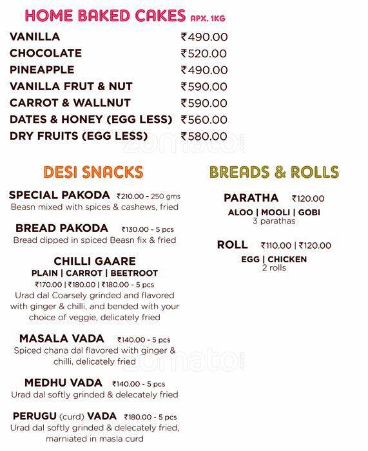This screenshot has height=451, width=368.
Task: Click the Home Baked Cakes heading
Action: coord(104,15)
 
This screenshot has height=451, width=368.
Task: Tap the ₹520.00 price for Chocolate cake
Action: coord(204,54)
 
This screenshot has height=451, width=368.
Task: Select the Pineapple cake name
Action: coord(42,70)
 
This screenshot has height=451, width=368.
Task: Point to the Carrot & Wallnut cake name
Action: coord(70,103)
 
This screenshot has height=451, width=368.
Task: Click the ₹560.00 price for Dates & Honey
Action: coord(204,120)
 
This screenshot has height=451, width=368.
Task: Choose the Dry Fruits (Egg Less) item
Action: coord(79,136)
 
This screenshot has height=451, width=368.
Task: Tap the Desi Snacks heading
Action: coord(93,172)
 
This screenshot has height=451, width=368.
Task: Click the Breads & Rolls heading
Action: coord(274,172)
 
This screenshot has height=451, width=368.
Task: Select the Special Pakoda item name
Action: coord(59,195)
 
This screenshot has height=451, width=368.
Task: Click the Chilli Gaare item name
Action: coord(95,261)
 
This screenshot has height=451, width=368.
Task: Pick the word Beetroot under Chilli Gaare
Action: coord(137,273)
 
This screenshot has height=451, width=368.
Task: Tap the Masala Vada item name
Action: coord(61,339)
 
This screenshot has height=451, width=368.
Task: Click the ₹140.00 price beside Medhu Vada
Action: coord(128,384)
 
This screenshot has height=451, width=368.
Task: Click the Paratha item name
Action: coord(251,198)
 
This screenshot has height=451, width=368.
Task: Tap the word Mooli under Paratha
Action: coord(274,213)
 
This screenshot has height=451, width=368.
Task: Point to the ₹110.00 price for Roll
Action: coord(276,245)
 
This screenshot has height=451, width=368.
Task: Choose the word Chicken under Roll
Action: coord(287,260)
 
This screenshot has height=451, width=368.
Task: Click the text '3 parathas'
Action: coord(274,221)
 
